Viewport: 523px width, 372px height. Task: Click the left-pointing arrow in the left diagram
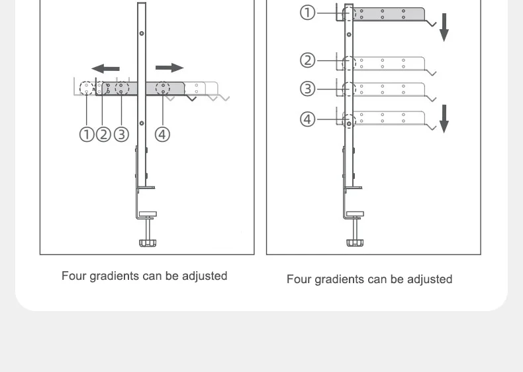(x=105, y=68)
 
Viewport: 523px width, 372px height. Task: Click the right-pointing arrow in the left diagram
(x=169, y=68)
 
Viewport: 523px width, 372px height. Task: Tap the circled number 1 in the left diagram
(x=87, y=134)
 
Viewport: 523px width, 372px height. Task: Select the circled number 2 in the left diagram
(x=103, y=134)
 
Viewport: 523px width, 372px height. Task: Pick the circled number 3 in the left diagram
(x=120, y=134)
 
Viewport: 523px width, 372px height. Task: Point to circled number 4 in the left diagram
(x=162, y=134)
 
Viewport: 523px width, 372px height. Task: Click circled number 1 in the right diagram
(x=308, y=13)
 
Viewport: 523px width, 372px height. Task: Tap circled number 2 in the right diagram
(x=308, y=60)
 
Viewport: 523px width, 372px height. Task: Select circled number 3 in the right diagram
(x=308, y=88)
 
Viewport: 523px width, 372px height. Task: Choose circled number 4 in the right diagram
(x=308, y=119)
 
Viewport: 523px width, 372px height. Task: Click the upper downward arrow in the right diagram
(x=444, y=27)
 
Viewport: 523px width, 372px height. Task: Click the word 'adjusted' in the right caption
(x=430, y=279)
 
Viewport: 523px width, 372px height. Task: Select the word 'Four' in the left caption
(x=73, y=276)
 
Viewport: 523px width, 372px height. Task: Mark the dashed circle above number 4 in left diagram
(x=162, y=88)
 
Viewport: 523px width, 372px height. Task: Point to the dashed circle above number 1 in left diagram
(x=87, y=88)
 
